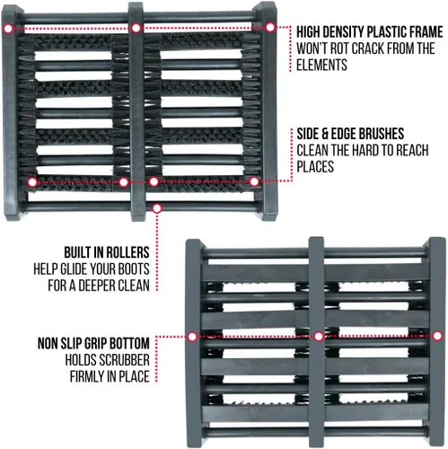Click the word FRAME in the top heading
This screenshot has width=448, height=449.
click(423, 31)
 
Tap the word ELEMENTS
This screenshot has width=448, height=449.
click(321, 65)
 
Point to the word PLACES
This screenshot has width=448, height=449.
click(315, 166)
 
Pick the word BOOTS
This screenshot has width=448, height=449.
click(134, 269)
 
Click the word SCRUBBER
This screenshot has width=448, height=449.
click(124, 360)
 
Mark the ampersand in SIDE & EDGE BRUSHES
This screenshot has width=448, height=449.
click(325, 134)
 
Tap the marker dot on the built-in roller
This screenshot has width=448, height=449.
click(157, 208)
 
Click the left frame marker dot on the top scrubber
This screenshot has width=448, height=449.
click(9, 29)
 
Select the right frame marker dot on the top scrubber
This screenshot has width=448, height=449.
click(270, 27)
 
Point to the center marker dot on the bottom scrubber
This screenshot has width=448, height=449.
click(319, 337)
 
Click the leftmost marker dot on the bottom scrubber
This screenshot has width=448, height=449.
click(192, 337)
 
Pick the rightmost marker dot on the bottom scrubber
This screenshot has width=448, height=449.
click(437, 336)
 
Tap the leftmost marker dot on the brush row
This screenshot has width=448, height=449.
click(32, 182)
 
